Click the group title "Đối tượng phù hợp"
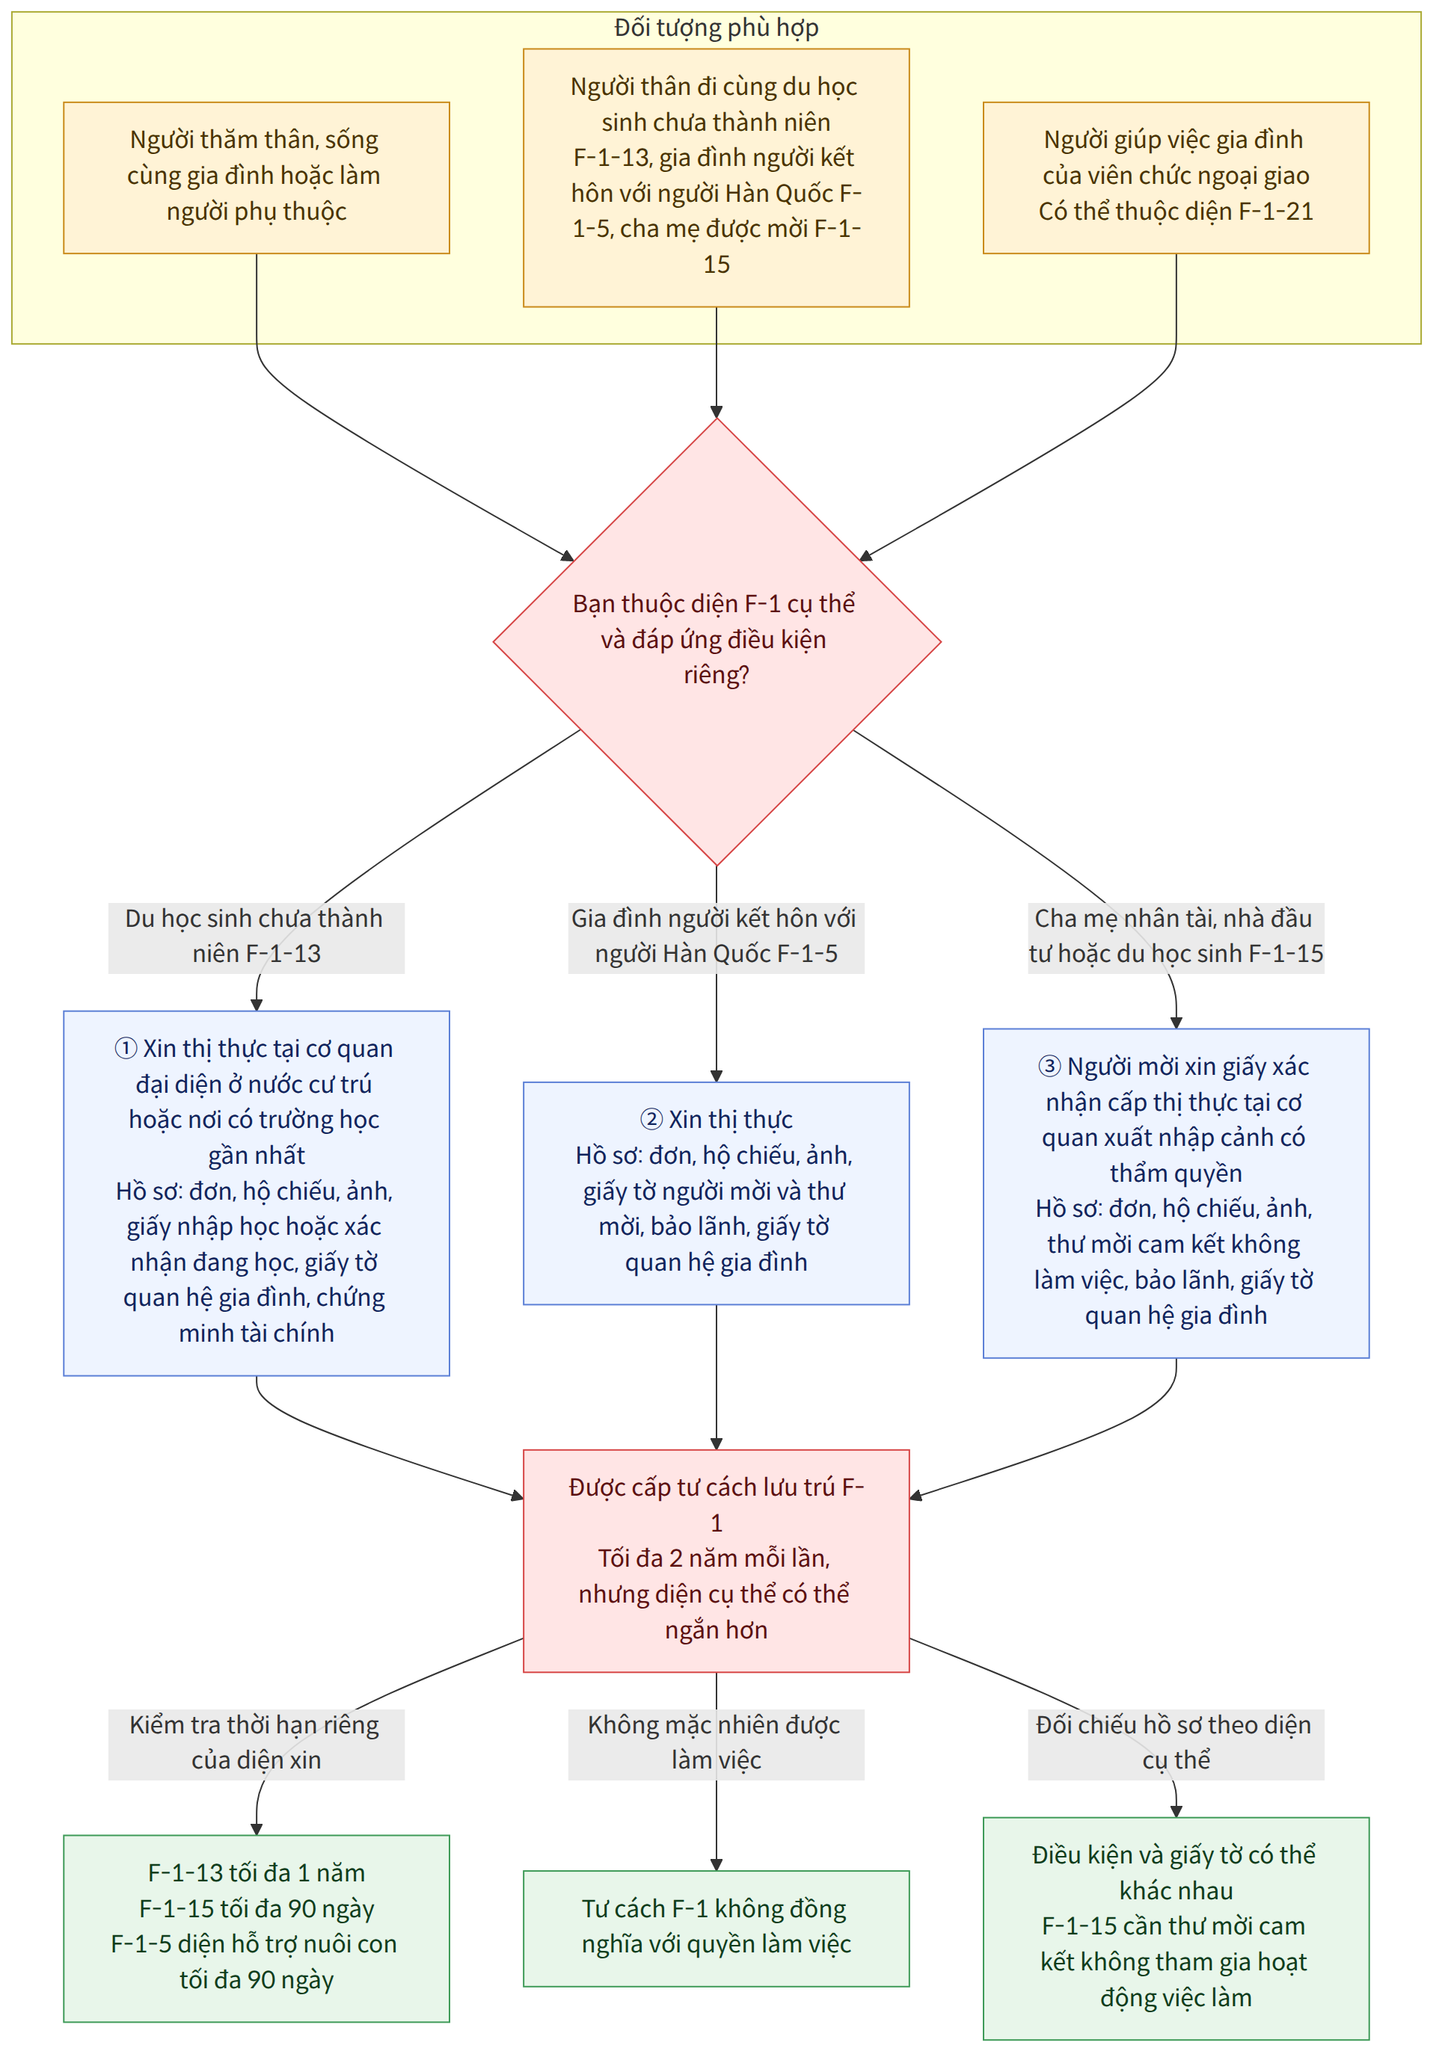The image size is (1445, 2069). [717, 28]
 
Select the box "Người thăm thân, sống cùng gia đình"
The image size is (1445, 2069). [257, 177]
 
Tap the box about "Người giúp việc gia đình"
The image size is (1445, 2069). [1176, 177]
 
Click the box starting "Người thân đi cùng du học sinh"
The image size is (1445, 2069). [717, 177]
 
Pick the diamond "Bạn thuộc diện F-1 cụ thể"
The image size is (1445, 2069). [717, 641]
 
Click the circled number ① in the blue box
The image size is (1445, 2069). [126, 1049]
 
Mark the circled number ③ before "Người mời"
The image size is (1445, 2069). [1049, 1067]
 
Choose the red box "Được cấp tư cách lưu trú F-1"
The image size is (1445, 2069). [717, 1561]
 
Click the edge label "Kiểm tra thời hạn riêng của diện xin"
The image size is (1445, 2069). [257, 1745]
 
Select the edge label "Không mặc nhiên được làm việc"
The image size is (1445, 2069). [717, 1745]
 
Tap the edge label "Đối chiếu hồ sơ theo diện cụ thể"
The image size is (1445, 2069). [1176, 1745]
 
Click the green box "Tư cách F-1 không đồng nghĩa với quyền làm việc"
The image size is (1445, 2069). [717, 1928]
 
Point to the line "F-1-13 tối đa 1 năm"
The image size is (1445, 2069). [257, 1873]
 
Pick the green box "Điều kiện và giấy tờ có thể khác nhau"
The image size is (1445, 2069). [1176, 1928]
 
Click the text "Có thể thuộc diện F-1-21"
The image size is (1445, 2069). [1176, 212]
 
